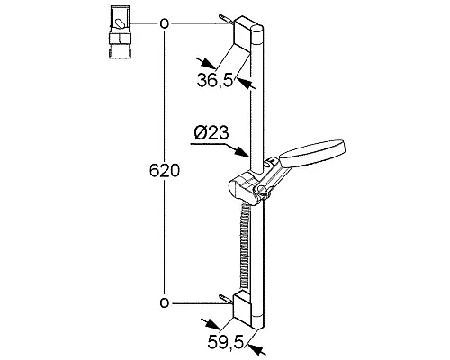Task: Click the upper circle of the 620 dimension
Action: (x=163, y=24)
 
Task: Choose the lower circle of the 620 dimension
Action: (x=163, y=301)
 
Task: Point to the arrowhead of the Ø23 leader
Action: (x=255, y=153)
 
